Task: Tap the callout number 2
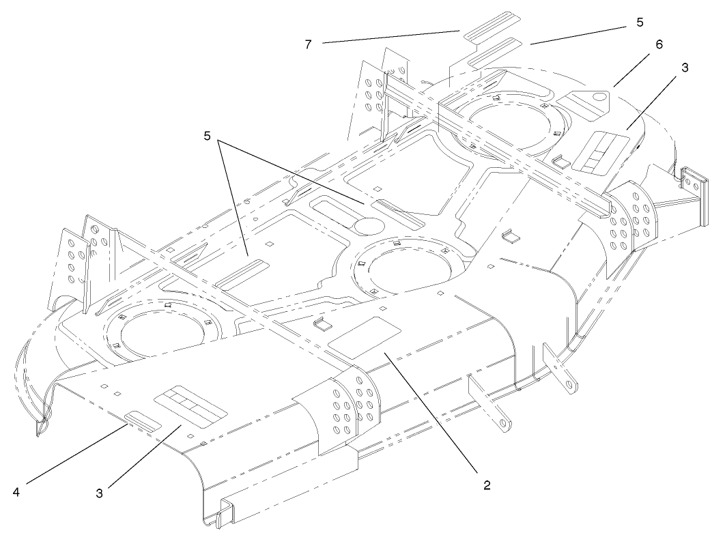(x=485, y=485)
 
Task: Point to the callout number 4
(x=16, y=489)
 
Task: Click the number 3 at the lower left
(x=99, y=492)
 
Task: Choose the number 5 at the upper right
(x=640, y=22)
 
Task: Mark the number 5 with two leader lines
(x=206, y=134)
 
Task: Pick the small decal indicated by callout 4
(x=143, y=420)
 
